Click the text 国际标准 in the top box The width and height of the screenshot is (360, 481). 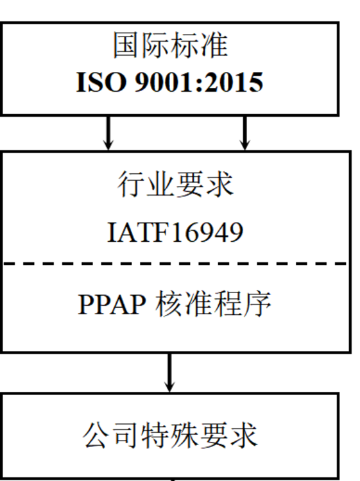click(x=171, y=46)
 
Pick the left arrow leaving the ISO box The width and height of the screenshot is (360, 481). click(x=108, y=133)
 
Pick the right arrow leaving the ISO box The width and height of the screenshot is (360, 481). click(x=244, y=133)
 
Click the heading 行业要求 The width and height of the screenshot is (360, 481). click(x=176, y=184)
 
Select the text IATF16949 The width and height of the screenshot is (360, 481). click(x=175, y=232)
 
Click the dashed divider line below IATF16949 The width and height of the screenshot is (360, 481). click(x=176, y=263)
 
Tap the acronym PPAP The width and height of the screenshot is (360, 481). click(x=112, y=304)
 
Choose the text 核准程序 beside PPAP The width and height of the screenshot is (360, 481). click(x=213, y=304)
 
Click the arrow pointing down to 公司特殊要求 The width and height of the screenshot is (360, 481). click(x=169, y=373)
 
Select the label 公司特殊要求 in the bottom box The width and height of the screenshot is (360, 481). click(x=170, y=435)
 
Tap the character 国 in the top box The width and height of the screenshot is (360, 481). click(x=127, y=46)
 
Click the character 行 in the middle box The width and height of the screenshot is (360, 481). click(x=131, y=184)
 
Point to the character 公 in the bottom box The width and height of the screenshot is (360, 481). click(x=97, y=435)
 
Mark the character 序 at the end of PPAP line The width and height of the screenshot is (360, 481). click(x=257, y=304)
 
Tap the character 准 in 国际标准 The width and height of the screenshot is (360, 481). click(x=214, y=46)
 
